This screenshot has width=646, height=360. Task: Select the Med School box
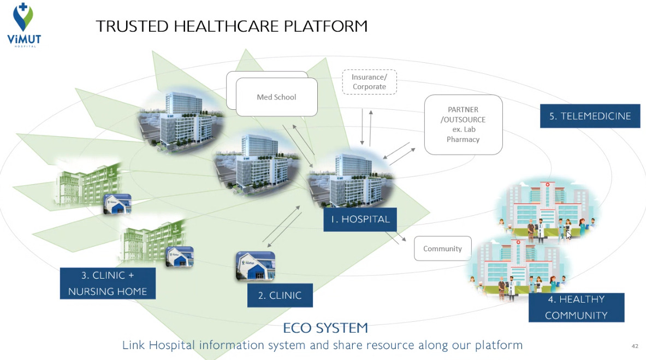[x=276, y=97]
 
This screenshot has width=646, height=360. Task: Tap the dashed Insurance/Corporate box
[x=369, y=82]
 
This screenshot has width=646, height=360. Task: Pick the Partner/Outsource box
[x=463, y=125]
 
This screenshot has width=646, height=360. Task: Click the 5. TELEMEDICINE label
[x=590, y=116]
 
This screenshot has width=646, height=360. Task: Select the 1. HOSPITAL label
[x=360, y=220]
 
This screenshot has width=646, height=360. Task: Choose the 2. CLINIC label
[x=280, y=296]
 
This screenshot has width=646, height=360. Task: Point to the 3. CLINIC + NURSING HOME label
[x=108, y=283]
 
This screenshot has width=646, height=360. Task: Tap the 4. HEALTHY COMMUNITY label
[x=576, y=307]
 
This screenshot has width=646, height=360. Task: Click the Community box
[x=442, y=249]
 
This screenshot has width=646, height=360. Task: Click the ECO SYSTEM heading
[x=325, y=328]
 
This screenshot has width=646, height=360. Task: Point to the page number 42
[x=635, y=346]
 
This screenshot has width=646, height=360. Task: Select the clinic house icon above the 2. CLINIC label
[x=255, y=265]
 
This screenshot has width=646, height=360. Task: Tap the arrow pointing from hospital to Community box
[x=395, y=234]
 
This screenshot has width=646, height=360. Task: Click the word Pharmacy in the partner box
[x=463, y=139]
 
